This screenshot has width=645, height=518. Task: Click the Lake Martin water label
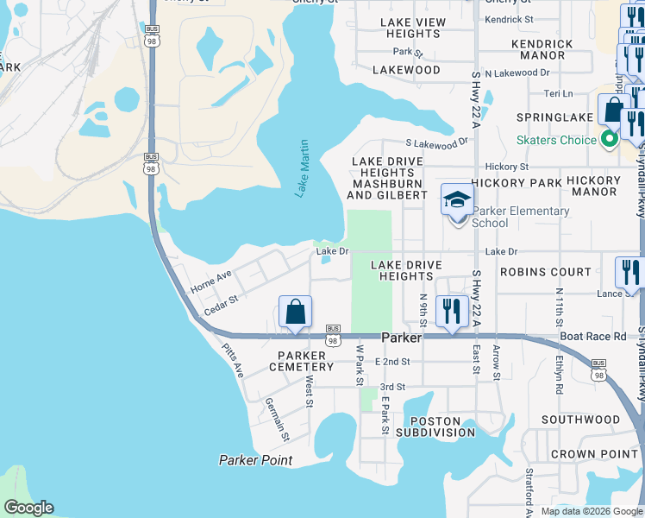coord(303,169)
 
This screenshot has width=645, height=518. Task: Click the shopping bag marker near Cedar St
coord(295,312)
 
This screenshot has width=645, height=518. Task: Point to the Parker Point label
coord(255,460)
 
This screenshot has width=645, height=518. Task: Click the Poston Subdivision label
coord(430,426)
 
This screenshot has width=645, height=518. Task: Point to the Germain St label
coord(275,416)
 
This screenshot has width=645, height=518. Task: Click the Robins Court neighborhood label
coord(546,271)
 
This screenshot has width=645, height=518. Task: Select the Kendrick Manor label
coord(542,49)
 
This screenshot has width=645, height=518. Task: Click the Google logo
coord(28,508)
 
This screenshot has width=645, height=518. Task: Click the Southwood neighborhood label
coord(580,420)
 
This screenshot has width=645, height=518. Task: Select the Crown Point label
coord(582,454)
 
